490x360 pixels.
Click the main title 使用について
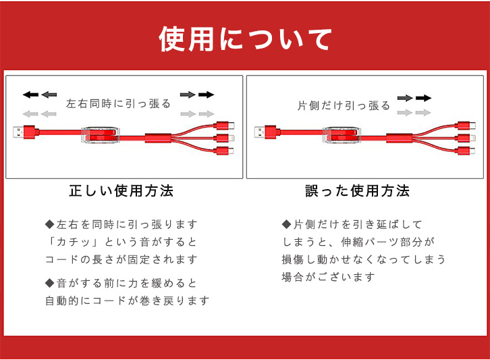coord(245,38)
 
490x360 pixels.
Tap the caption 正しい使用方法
coord(121,190)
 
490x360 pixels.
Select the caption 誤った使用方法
coord(357,190)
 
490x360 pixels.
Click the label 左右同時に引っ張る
coord(118,103)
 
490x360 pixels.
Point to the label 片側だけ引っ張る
coord(344,106)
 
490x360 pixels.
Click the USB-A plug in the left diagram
coord(26,132)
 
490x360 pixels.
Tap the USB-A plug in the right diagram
coord(267,132)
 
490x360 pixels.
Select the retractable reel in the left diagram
coord(101,135)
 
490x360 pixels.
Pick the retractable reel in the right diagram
coord(342,135)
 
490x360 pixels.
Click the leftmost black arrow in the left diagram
coord(30,95)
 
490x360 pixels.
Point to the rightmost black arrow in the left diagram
coord(207,95)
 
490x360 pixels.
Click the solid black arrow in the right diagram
coord(423,98)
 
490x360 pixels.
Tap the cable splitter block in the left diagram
coord(158,138)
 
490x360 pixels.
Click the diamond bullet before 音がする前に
coord(50,283)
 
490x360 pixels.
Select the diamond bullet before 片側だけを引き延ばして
coord(286,224)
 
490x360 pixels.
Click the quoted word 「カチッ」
coord(72,242)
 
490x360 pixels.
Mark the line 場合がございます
coord(328,277)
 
